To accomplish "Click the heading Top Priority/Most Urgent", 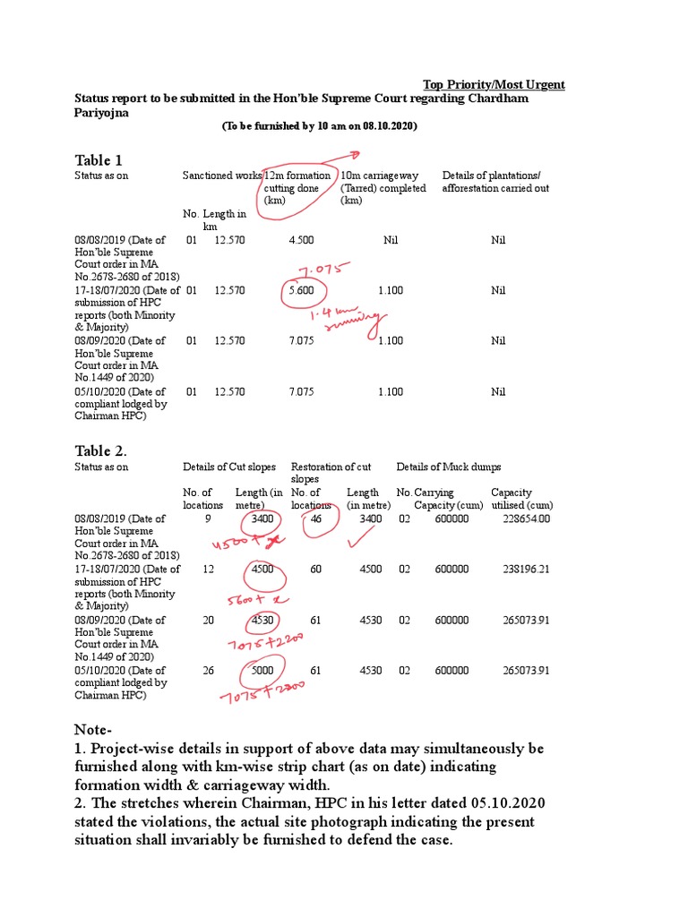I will point(494,84).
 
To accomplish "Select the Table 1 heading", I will point(98,160).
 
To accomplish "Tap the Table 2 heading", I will point(100,450).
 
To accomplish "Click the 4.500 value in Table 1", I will point(301,240).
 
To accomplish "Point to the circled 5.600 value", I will point(303,290).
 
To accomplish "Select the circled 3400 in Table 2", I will point(262,518).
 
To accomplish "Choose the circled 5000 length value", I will point(262,670).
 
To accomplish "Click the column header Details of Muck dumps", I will point(449,467).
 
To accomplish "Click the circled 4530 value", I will point(262,620).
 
